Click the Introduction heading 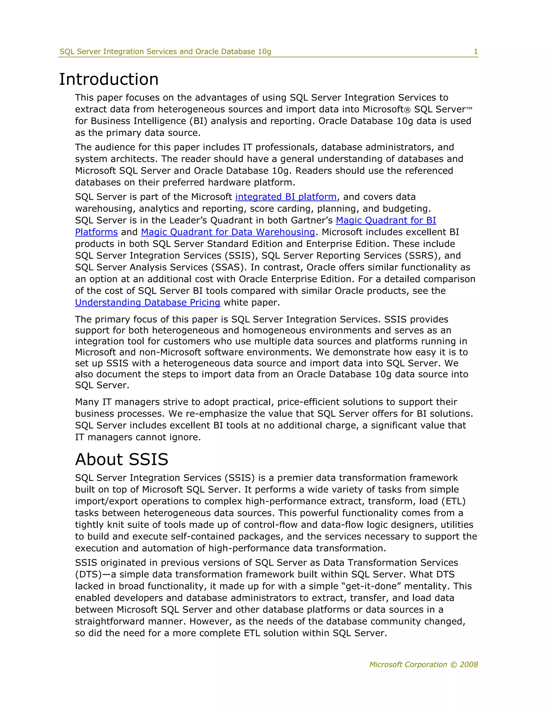pos(109,80)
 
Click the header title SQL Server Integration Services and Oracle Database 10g pos(166,52)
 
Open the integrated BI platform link pos(286,197)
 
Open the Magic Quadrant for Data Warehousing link pos(228,232)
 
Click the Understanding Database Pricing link pos(147,302)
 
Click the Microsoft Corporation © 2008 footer pos(423,664)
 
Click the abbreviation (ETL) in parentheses pos(453,501)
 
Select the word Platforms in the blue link pos(96,232)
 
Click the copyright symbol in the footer pos(453,665)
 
